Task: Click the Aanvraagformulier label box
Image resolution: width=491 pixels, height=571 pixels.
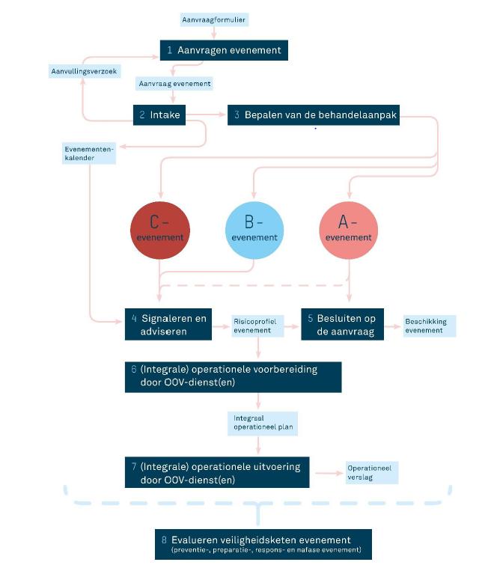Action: [x=214, y=19]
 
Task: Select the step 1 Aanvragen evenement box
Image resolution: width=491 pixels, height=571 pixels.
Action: [x=224, y=50]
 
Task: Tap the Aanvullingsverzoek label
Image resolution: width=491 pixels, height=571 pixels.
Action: [x=85, y=71]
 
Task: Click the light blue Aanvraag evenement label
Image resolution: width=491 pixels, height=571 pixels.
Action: [x=174, y=84]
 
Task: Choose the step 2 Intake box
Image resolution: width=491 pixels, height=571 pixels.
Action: [x=159, y=115]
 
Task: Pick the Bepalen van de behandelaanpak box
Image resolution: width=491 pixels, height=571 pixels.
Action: [x=314, y=115]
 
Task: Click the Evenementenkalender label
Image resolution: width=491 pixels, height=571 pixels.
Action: [x=89, y=153]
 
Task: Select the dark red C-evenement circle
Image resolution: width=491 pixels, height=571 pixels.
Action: [x=160, y=230]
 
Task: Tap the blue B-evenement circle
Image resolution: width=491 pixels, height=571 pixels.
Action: [x=254, y=230]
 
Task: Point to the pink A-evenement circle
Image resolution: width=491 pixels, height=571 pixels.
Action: [x=349, y=230]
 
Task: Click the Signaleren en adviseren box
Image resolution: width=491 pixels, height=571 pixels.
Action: [x=168, y=325]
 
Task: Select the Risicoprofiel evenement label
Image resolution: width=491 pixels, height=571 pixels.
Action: [x=257, y=326]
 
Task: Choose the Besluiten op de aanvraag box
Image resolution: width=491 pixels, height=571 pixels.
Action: [x=342, y=325]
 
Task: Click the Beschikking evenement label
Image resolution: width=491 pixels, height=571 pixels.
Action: [x=430, y=326]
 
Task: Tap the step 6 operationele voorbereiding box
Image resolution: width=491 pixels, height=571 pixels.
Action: [x=233, y=377]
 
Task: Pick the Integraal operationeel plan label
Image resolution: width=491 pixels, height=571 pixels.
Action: [x=263, y=424]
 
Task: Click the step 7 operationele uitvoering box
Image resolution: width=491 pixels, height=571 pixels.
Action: [x=217, y=472]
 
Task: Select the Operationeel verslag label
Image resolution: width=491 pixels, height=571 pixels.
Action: [x=372, y=473]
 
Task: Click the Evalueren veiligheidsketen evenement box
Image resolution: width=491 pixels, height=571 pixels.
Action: [x=263, y=544]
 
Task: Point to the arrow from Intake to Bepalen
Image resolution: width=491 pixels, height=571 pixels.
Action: [x=206, y=114]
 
